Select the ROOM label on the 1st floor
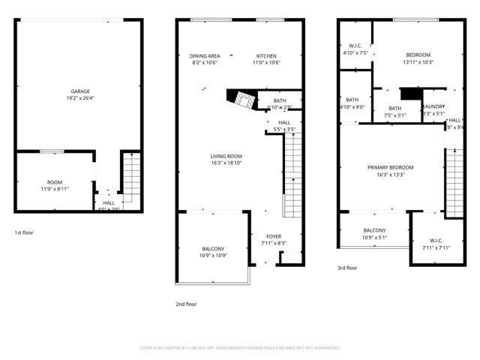(55, 182)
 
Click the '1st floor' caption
(24, 232)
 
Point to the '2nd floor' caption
(186, 304)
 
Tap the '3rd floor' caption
(347, 268)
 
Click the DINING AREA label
(204, 55)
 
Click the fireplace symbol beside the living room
(241, 100)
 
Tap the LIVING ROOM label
(226, 156)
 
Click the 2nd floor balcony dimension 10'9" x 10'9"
(213, 256)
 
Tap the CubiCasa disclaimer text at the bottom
(240, 348)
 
